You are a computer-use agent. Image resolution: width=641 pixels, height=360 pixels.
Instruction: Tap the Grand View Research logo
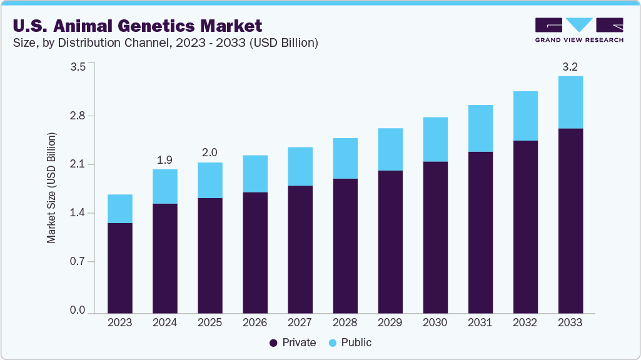click(x=579, y=29)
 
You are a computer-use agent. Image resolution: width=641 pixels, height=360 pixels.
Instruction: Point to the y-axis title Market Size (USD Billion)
click(x=52, y=187)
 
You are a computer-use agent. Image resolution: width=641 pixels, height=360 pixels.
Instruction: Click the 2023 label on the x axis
click(x=120, y=322)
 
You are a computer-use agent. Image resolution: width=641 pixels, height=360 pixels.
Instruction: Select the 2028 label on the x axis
click(x=345, y=322)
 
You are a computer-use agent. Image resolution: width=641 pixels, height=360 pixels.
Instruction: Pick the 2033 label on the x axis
click(x=570, y=322)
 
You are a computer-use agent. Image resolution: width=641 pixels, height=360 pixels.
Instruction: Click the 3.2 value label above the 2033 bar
click(x=570, y=66)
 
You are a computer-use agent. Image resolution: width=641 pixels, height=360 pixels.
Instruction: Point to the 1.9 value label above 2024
click(x=164, y=160)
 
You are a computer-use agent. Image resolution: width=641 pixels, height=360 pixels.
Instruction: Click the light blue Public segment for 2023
click(x=120, y=209)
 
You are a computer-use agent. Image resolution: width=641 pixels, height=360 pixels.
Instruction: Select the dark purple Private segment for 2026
click(x=255, y=252)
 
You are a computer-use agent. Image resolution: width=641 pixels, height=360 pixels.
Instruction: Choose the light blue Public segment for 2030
click(x=435, y=139)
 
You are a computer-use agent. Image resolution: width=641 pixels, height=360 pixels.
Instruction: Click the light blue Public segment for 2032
click(x=525, y=116)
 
